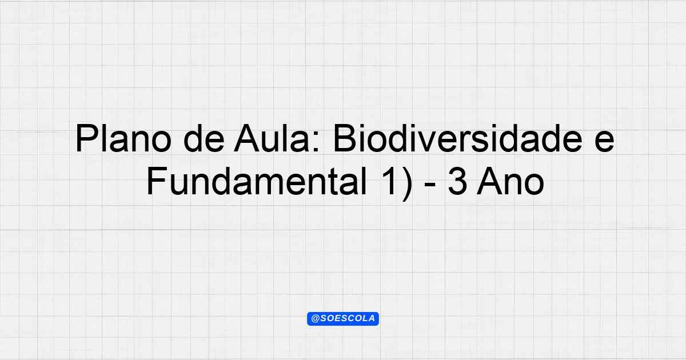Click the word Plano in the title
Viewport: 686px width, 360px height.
[x=123, y=138]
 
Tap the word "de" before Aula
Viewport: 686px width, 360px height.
[x=204, y=138]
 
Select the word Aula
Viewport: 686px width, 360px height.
[x=272, y=138]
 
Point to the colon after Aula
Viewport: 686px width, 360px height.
[x=317, y=142]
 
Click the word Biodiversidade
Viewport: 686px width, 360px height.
[x=458, y=138]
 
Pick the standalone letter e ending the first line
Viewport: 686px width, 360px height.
[x=604, y=142]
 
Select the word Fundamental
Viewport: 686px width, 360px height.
[x=257, y=181]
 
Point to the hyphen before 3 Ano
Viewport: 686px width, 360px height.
[x=430, y=185]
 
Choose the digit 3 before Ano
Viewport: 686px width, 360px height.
[x=457, y=181]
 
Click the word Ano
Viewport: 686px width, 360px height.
[x=510, y=181]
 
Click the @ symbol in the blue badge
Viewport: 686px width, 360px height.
[x=316, y=319]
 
